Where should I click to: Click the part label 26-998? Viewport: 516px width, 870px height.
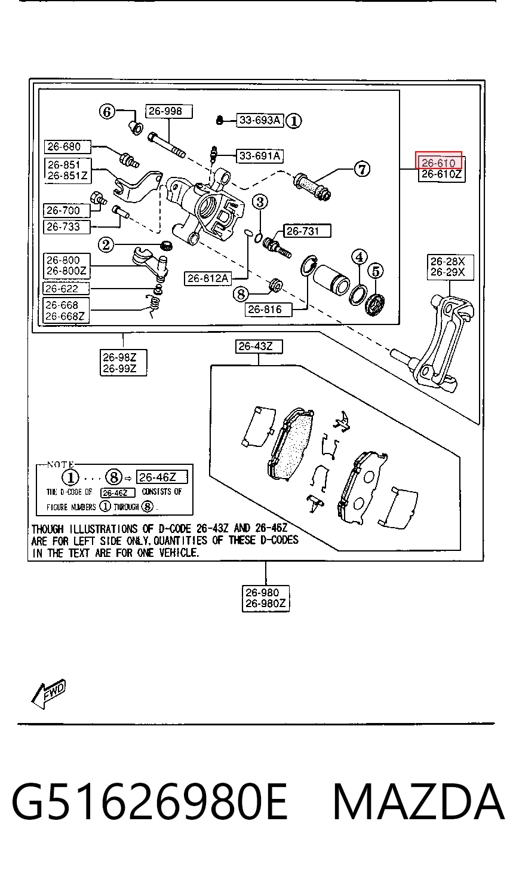tap(169, 111)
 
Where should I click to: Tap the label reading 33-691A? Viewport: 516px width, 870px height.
tap(260, 156)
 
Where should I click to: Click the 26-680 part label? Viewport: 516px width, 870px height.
tap(67, 147)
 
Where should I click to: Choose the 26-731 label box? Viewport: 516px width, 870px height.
tap(307, 231)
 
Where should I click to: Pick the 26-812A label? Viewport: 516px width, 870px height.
tap(208, 278)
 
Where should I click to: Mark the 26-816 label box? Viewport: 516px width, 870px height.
tap(268, 310)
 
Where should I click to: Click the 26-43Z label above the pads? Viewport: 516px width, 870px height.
tap(259, 347)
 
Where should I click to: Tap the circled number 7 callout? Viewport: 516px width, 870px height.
tap(362, 169)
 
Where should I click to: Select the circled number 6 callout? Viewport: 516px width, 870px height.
tap(107, 112)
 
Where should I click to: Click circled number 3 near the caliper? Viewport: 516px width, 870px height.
tap(260, 202)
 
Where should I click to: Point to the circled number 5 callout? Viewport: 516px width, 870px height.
tap(376, 271)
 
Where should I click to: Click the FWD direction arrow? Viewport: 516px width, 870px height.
tap(48, 694)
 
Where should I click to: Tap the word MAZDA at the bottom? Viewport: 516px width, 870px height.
tap(419, 802)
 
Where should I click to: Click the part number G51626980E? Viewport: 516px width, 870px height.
tap(149, 802)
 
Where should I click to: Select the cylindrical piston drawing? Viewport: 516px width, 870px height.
tap(331, 280)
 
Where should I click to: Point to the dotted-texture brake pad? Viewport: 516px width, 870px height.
tap(290, 444)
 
